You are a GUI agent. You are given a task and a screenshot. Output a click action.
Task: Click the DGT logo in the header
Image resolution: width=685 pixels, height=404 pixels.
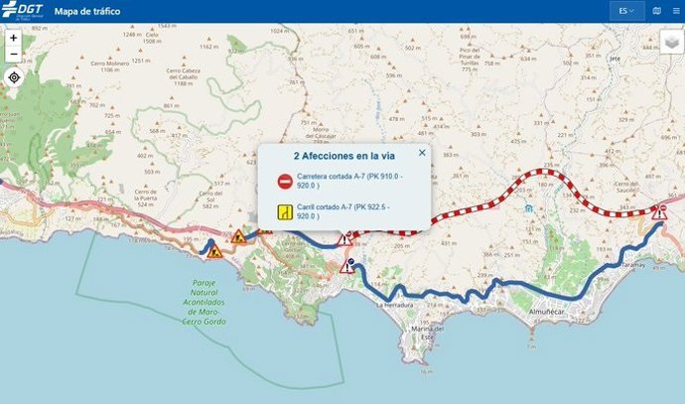point(22,11)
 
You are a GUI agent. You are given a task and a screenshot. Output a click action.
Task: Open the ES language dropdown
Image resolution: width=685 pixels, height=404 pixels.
point(626,11)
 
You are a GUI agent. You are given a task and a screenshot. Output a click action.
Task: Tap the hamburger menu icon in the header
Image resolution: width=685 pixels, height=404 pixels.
point(677,11)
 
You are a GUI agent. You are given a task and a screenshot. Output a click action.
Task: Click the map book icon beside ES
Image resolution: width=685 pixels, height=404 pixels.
point(657,11)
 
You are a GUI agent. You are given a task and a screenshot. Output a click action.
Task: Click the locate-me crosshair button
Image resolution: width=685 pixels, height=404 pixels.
point(14,77)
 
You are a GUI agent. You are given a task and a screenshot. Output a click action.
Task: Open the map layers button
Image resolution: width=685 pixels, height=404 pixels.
point(672,45)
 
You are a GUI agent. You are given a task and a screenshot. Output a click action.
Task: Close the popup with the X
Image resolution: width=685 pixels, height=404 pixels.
point(422,153)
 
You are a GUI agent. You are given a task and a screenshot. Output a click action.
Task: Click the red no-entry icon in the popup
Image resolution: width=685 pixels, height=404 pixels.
point(285,181)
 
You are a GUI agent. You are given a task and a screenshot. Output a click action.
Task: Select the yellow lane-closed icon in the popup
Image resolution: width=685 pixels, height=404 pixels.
point(285,210)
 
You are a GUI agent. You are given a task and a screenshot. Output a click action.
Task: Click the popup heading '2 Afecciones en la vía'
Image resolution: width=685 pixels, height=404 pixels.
point(343,156)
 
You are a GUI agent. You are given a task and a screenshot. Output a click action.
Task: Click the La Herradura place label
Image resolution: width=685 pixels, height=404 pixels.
point(397,306)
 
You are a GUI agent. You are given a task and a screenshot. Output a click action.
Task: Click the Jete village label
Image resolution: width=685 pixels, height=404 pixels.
point(615,59)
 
